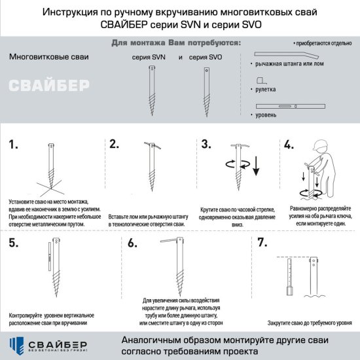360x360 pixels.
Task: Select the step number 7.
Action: tap(262, 243)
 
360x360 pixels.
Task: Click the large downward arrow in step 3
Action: tap(256, 164)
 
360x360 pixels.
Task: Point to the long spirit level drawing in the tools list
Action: tap(295, 105)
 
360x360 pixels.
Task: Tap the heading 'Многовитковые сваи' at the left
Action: tap(50, 57)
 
